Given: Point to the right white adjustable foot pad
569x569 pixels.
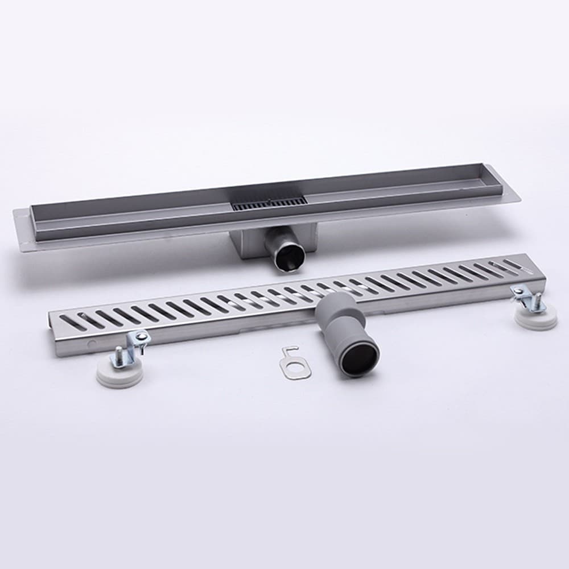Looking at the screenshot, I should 535,319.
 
